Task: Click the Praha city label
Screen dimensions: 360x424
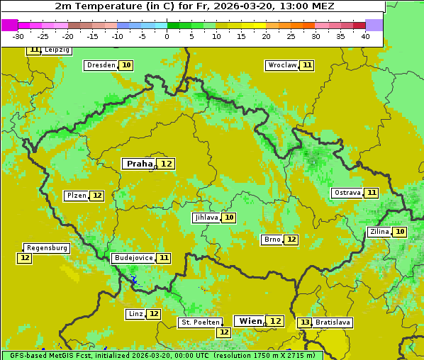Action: click(139, 164)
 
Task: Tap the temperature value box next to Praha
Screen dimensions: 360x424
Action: click(167, 164)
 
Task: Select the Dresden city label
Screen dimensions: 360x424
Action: click(101, 65)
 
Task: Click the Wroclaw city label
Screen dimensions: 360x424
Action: click(281, 65)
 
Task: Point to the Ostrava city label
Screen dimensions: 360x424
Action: click(347, 193)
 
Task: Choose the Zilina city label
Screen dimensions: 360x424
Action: click(379, 232)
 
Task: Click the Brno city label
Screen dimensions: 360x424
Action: click(272, 240)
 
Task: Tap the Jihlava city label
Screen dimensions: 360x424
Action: click(206, 218)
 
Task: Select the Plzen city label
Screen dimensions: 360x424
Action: click(76, 196)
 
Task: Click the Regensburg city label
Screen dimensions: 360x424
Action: click(47, 248)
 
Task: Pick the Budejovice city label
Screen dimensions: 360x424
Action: click(133, 258)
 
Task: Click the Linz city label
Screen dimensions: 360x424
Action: click(135, 314)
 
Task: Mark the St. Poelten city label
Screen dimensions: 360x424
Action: click(200, 322)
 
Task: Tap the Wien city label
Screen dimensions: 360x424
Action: click(250, 321)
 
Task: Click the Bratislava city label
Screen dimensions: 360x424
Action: click(333, 322)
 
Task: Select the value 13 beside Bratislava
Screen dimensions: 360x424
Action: click(305, 322)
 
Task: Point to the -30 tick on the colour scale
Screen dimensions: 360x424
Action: click(18, 35)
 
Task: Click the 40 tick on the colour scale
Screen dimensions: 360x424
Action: click(365, 35)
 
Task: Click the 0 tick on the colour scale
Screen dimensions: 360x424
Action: click(167, 35)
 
